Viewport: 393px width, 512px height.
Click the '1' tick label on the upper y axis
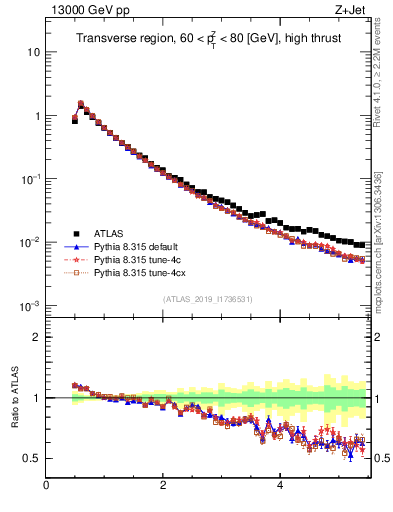click(37, 115)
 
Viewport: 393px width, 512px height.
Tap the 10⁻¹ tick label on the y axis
click(31, 178)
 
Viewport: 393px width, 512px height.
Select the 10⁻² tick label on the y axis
click(31, 241)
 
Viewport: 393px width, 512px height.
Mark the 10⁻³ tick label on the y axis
click(31, 305)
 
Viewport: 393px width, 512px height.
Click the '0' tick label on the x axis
click(46, 487)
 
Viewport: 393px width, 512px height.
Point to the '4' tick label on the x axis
click(280, 487)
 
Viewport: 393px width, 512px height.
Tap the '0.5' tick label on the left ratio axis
click(33, 458)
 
